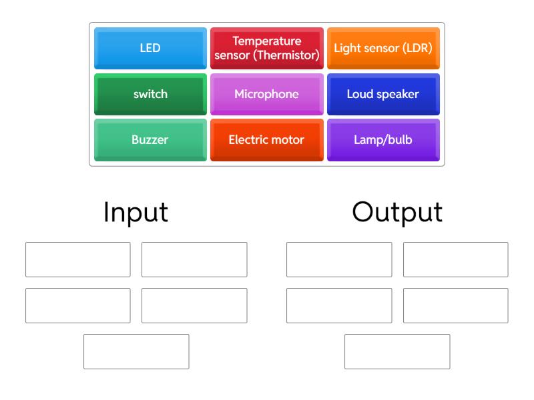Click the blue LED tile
click(x=150, y=49)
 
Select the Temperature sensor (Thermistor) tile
click(x=266, y=49)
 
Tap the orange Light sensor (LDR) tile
click(x=383, y=49)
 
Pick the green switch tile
click(x=150, y=94)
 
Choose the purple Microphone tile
click(x=266, y=94)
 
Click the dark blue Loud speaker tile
click(x=383, y=94)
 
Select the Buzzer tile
click(x=150, y=140)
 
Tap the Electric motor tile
click(x=266, y=140)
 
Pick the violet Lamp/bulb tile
click(x=383, y=140)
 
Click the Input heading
click(x=136, y=212)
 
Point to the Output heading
click(x=397, y=212)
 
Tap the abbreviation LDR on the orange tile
click(x=419, y=49)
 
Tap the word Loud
click(x=359, y=94)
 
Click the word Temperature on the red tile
click(x=266, y=41)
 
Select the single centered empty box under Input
click(x=136, y=351)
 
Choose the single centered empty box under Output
click(x=397, y=351)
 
